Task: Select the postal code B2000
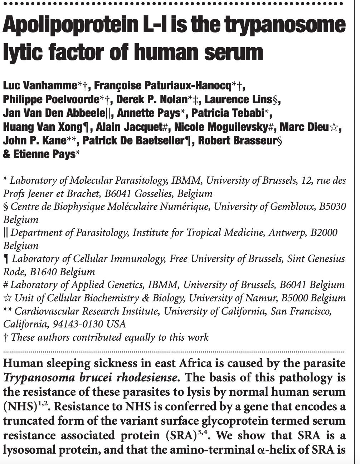[x=324, y=233]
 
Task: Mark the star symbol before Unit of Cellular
[x=8, y=298]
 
